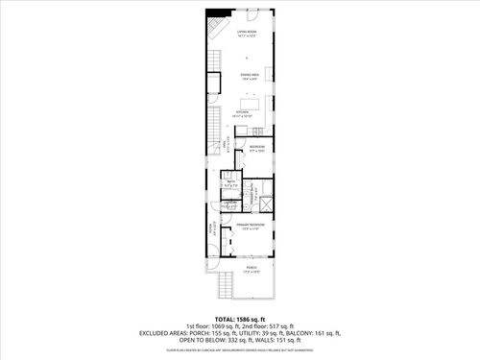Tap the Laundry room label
click(230, 204)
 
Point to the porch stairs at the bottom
click(227, 285)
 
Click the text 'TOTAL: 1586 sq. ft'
click(239, 318)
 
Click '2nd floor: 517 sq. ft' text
click(273, 325)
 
